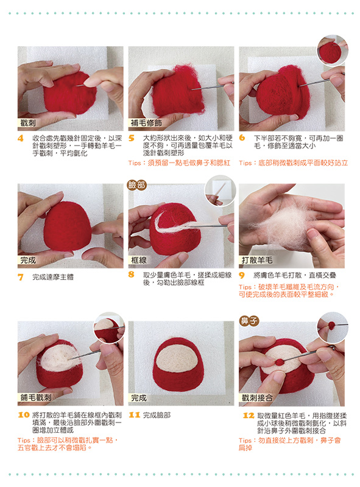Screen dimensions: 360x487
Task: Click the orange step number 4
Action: point(21,138)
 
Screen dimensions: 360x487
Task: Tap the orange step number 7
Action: point(21,277)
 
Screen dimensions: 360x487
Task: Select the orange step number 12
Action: point(249,415)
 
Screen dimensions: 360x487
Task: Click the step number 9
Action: point(242,275)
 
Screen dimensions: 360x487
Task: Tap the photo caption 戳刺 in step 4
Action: point(28,123)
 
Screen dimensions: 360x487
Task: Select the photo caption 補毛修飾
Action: point(146,123)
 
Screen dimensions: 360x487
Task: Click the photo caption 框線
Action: point(139,260)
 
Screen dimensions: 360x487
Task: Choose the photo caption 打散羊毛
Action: point(257,261)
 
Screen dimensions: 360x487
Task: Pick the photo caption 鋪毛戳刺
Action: point(36,398)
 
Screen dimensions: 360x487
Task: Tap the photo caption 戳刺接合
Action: point(257,398)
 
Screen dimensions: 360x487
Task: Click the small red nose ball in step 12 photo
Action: point(280,362)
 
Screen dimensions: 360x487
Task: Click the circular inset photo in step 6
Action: point(333,51)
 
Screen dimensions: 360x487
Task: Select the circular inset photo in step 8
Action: point(220,191)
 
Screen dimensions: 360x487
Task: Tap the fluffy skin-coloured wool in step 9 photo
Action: point(286,226)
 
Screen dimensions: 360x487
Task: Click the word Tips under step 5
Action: point(134,163)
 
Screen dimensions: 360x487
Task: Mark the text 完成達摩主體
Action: point(53,277)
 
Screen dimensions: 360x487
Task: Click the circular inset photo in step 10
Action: point(110,328)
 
